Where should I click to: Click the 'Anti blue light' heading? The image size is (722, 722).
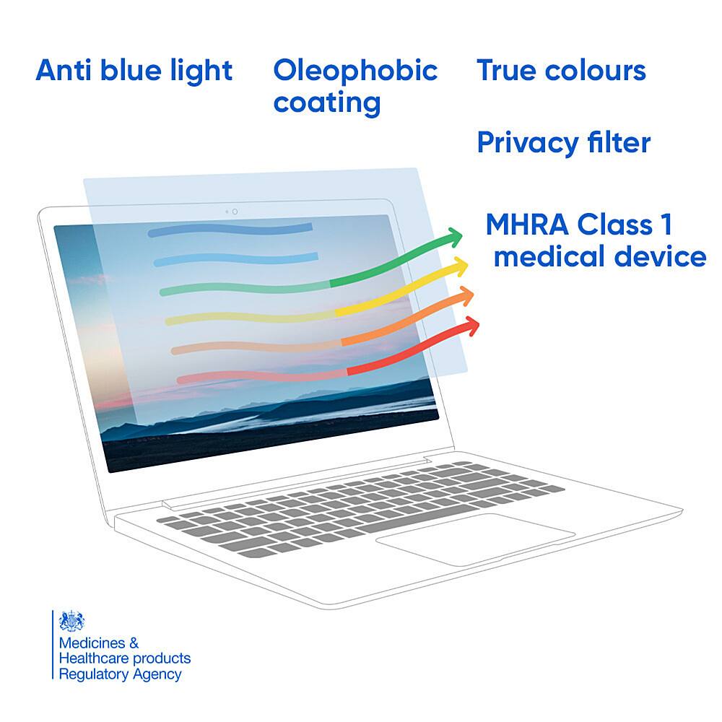click(x=134, y=71)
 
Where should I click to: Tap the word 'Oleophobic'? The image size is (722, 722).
click(x=355, y=71)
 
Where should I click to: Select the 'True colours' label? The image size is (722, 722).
click(x=561, y=71)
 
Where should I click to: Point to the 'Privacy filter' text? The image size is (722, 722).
click(x=563, y=143)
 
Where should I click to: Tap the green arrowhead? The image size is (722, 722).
click(x=453, y=236)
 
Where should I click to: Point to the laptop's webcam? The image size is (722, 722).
click(x=235, y=212)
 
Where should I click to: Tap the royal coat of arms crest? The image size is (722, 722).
click(x=72, y=621)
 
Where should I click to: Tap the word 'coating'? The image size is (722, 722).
click(x=326, y=103)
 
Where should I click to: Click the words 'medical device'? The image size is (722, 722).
click(x=599, y=256)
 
